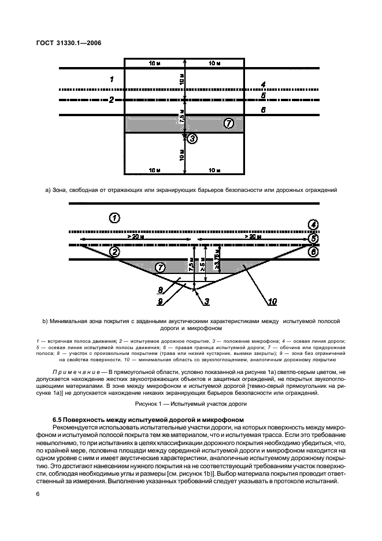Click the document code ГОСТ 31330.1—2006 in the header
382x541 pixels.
coord(69,43)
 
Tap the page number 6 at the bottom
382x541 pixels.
coord(38,494)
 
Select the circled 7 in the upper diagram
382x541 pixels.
coord(229,123)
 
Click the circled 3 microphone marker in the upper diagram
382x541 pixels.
coord(192,139)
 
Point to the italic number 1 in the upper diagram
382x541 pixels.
coord(112,79)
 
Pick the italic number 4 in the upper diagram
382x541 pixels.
coord(263,84)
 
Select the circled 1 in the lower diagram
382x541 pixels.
coord(114,218)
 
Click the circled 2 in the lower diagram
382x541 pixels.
coord(114,252)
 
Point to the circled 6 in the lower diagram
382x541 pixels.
coord(313,252)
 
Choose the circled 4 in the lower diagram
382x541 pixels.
coord(313,225)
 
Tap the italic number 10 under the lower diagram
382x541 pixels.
coord(272,302)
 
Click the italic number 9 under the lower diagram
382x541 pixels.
coord(160,302)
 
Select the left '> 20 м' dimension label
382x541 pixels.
coord(136,237)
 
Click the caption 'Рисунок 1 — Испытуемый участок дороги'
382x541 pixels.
coord(191,403)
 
